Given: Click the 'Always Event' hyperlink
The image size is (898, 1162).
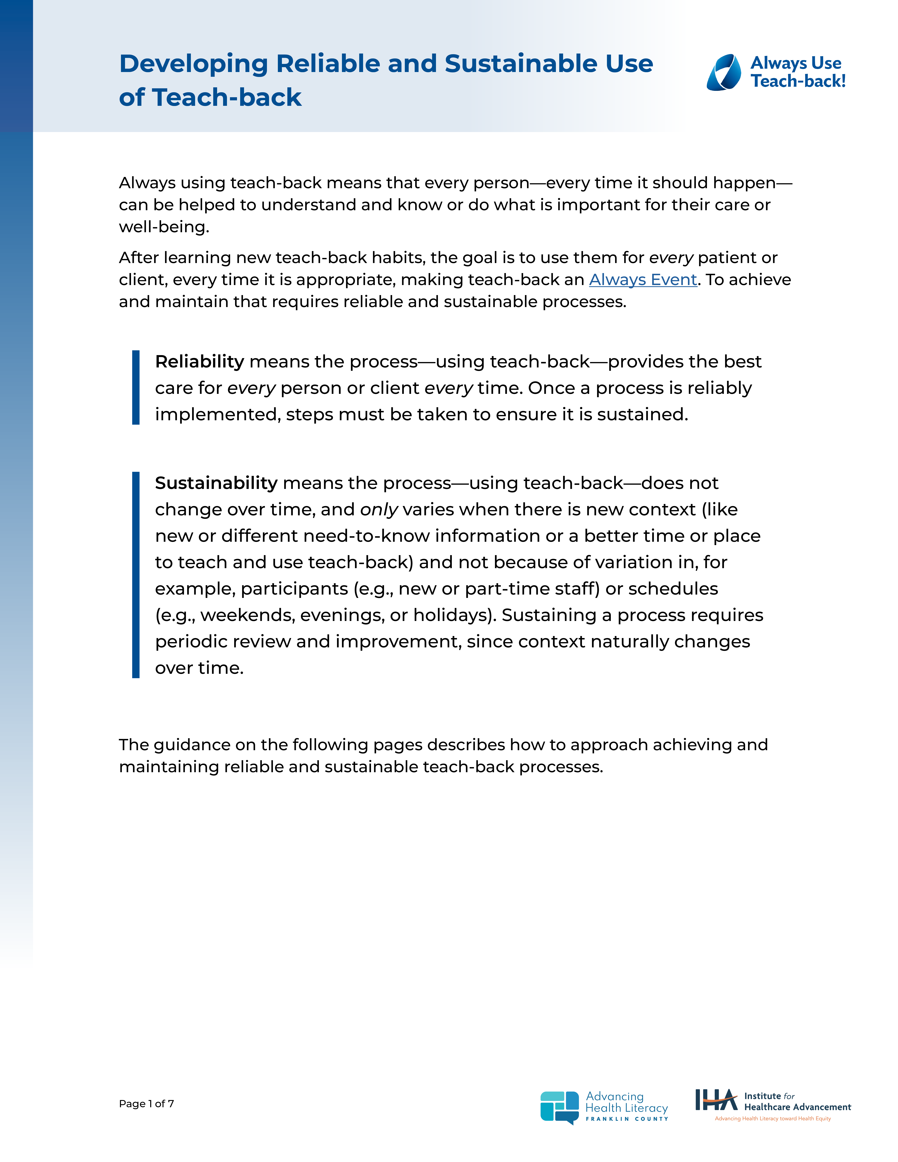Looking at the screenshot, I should (x=643, y=280).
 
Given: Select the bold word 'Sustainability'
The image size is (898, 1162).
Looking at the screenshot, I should (x=216, y=483).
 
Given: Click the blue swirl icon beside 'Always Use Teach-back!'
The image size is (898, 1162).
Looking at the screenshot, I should (x=724, y=72).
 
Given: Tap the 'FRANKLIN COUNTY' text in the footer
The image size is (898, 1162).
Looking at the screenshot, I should (x=627, y=1119).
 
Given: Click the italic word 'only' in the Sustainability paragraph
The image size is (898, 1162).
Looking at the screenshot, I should (x=379, y=510).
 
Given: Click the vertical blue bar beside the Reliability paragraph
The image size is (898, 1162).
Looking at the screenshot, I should (x=136, y=387).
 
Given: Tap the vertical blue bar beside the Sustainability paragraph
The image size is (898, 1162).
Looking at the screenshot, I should (x=136, y=575).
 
